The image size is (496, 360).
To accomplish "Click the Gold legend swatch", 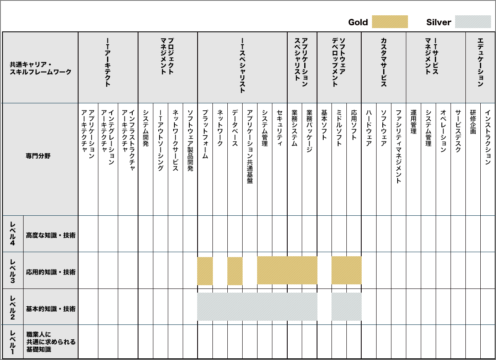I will pos(390,22).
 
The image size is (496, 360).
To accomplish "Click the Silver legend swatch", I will pos(473,22).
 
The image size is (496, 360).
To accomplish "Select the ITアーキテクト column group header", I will pos(108,62).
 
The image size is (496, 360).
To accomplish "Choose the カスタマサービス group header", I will pos(384,62).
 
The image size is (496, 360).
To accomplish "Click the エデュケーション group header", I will pos(480,62).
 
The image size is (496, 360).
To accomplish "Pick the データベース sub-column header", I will pos(235,128).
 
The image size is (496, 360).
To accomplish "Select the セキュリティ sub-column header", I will pos(279,128).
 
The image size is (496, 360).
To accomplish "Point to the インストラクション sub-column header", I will pos(488,134).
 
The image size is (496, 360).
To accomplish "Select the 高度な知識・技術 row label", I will pos(50,235).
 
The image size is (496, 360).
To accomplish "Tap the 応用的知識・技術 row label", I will pos(50,272).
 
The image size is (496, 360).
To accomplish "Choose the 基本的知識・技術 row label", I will pos(50,309).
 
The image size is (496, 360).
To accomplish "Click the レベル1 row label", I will pos(12,341).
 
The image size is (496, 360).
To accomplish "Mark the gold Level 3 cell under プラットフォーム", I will pos(205,271).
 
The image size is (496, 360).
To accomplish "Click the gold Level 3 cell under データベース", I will pos(235,271).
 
